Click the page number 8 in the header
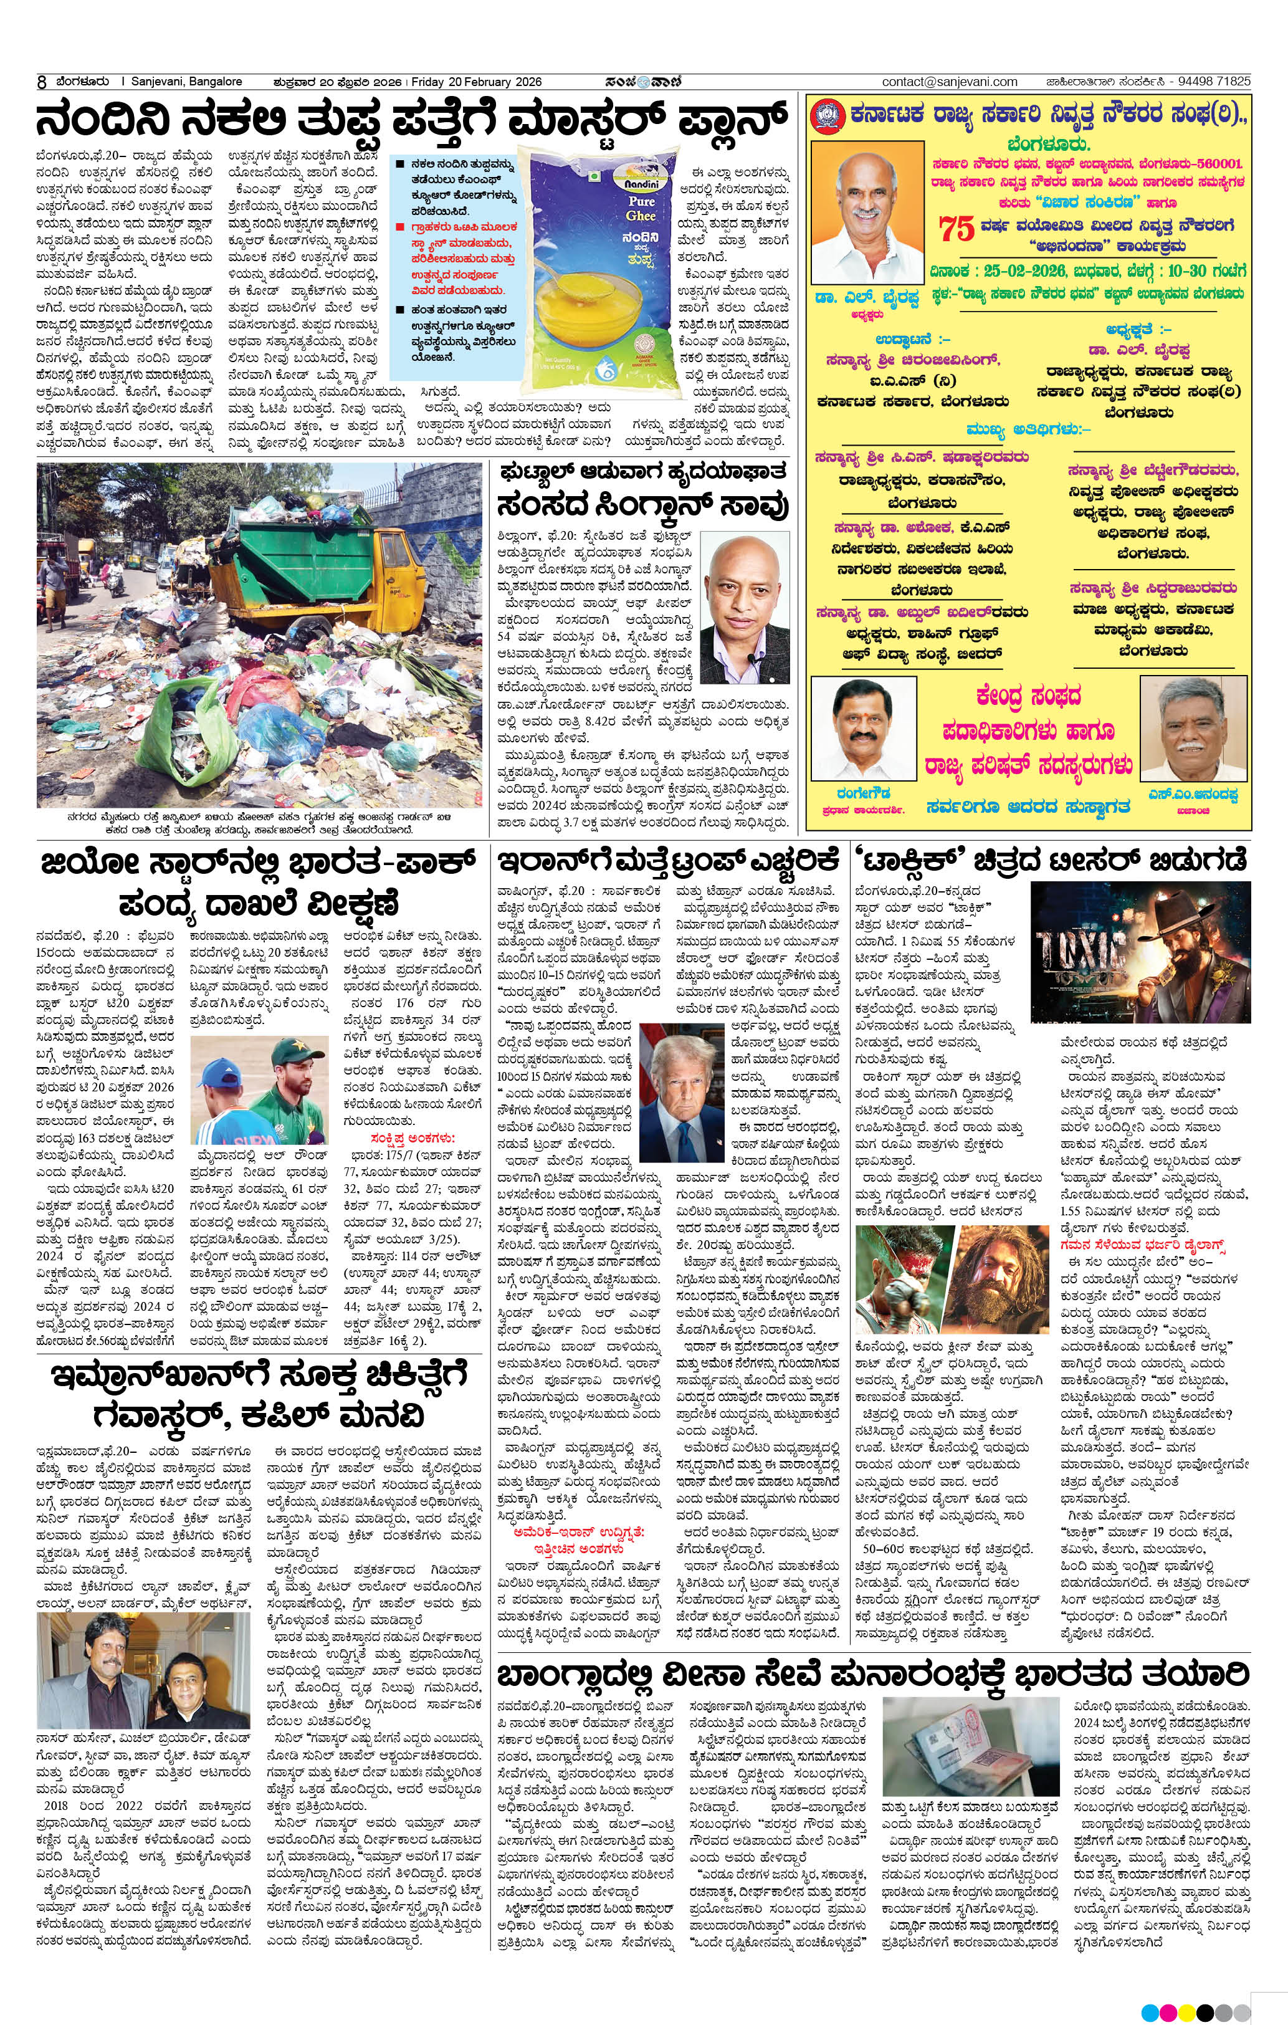41,82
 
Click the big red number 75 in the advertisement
956,228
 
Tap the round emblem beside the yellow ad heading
826,116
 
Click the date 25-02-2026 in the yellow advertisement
1020,272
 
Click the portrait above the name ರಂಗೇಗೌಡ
862,729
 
